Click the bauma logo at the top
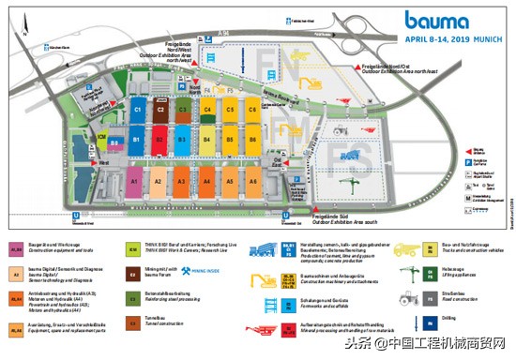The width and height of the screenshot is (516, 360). (437, 20)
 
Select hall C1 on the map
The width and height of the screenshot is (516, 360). (137, 110)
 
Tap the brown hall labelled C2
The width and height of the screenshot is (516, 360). (160, 110)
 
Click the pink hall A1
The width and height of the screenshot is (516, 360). (135, 181)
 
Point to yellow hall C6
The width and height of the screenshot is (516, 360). (252, 110)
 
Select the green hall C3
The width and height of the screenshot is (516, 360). (184, 110)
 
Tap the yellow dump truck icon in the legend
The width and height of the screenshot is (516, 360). (406, 251)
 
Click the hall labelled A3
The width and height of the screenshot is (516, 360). (182, 181)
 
